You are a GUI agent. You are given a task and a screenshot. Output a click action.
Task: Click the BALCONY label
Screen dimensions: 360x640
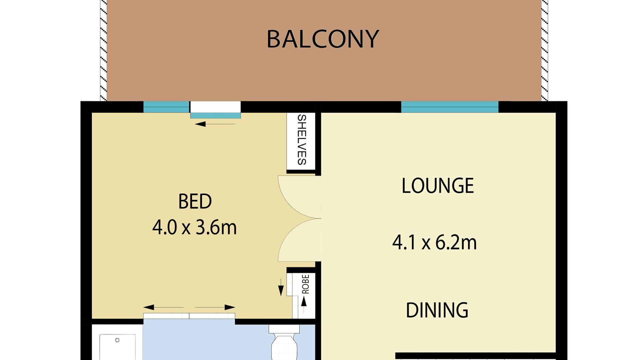coord(323,39)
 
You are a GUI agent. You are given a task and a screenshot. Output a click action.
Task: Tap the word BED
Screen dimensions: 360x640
coord(195,202)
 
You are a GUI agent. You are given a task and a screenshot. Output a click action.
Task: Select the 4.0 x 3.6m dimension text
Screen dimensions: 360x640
coord(194,228)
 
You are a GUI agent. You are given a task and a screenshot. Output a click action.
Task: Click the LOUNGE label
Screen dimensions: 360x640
coord(437,186)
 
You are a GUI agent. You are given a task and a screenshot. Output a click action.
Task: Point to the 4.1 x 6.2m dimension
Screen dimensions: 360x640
coord(434,243)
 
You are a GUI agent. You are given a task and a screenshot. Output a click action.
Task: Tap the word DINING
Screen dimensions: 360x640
coord(437,310)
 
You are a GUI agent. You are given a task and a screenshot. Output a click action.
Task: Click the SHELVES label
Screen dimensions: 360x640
coord(301,140)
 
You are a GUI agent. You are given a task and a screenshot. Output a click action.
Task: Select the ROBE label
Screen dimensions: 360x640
coord(305,284)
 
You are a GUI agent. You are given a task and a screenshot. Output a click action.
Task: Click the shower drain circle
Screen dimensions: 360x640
coord(117,340)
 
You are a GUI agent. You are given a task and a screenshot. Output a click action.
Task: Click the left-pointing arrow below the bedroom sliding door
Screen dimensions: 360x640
coord(215,124)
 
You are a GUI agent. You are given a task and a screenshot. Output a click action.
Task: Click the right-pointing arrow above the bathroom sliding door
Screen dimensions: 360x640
coord(215,307)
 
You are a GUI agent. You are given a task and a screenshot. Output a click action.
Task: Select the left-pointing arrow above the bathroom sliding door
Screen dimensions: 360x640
coord(163,307)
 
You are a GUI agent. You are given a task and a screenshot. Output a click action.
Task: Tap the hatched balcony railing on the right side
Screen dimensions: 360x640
coord(544,50)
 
